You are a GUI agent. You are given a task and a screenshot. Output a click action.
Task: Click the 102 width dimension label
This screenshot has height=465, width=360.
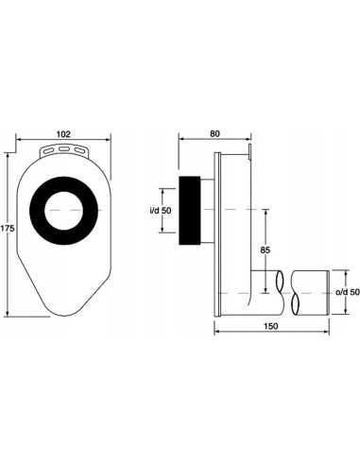(x=63, y=134)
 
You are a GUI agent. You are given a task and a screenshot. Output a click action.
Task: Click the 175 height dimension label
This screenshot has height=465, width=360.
(x=8, y=228)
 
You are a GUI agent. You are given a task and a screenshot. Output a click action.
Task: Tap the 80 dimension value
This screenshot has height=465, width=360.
(x=214, y=133)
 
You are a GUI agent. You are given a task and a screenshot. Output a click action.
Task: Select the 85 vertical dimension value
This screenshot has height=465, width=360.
(x=266, y=250)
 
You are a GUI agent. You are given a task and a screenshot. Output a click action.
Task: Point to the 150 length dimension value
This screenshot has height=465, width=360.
(x=271, y=326)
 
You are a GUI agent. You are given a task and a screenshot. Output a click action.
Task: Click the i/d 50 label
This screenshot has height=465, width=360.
(x=161, y=211)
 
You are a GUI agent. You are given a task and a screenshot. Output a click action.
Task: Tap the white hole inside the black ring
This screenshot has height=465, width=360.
(x=63, y=211)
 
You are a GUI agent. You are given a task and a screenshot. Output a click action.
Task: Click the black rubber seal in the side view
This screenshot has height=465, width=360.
(x=190, y=211)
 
